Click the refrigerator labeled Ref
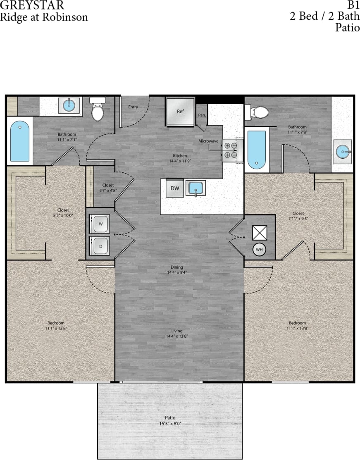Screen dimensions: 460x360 click(180, 111)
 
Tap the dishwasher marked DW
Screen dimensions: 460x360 click(175, 188)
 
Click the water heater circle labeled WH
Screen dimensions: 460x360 click(259, 249)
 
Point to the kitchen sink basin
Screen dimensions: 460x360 click(195, 188)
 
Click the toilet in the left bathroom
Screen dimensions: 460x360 click(98, 110)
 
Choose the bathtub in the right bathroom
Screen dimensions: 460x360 click(256, 149)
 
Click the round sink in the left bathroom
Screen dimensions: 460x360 click(69, 106)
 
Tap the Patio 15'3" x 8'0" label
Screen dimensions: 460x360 click(170, 420)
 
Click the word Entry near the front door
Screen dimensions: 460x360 click(133, 107)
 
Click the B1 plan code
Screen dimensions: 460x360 click(353, 5)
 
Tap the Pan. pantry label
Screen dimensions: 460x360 click(202, 115)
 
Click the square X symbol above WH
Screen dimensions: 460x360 click(260, 233)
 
